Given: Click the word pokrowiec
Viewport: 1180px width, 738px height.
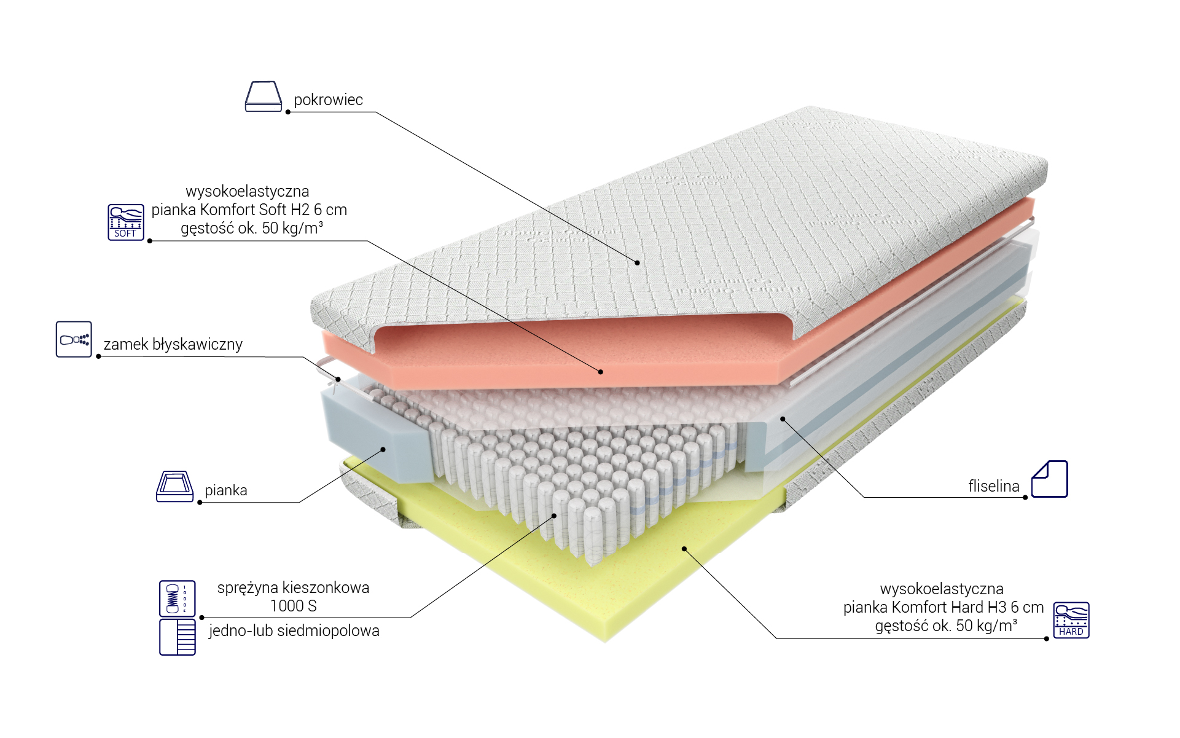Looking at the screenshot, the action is click(x=328, y=100).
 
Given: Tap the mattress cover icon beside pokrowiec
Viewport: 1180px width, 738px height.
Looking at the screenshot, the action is click(x=264, y=96).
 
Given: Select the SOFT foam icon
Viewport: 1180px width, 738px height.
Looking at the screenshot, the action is click(x=126, y=222).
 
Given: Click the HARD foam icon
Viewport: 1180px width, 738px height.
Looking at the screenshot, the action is click(x=1071, y=620).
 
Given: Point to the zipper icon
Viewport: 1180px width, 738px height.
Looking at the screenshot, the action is click(x=74, y=339).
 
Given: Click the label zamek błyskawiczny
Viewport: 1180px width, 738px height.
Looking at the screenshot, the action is click(x=173, y=344).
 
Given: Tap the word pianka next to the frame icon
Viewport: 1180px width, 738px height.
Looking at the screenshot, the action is click(x=226, y=490).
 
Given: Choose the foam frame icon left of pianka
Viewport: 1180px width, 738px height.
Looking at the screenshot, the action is click(x=175, y=487).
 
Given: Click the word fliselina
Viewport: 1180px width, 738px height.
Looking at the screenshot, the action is click(x=994, y=486).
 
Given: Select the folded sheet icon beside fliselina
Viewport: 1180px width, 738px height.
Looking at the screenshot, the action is click(x=1050, y=479).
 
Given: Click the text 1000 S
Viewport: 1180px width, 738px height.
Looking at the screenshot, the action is click(x=294, y=606).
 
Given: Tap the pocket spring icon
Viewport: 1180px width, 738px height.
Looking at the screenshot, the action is click(x=178, y=599).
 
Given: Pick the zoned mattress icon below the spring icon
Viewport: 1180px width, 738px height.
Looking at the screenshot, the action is click(x=178, y=637).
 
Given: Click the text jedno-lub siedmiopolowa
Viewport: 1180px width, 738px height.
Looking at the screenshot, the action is click(x=294, y=630).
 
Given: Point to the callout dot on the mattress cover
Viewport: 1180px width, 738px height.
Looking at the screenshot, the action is click(x=638, y=263).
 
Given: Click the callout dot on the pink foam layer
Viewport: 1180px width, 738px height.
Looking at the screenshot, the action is click(x=601, y=372).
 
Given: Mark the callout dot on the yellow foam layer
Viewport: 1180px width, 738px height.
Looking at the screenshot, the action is click(x=684, y=549).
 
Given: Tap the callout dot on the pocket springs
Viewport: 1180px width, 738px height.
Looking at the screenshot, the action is click(x=554, y=516).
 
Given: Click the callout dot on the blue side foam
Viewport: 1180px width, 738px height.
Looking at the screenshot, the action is click(x=383, y=449).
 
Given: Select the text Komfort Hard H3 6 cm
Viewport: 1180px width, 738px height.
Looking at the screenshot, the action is click(x=967, y=607).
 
